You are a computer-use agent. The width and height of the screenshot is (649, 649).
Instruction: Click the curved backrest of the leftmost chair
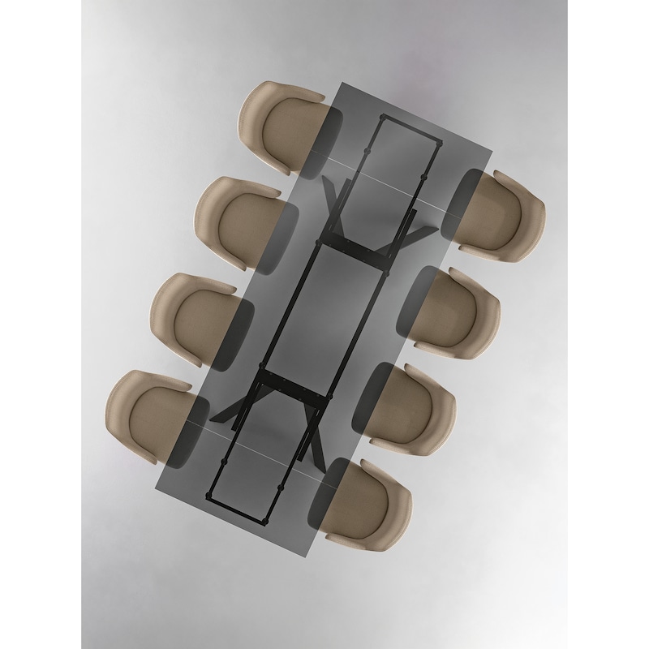[122, 410]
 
